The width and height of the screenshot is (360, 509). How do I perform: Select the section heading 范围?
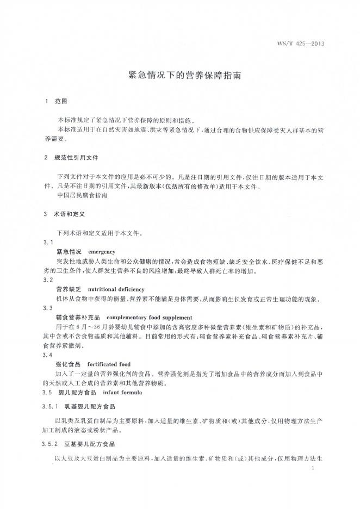[x=60, y=101]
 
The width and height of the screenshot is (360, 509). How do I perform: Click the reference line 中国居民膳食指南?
[x=83, y=195]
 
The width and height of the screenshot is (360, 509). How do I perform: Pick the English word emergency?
[x=101, y=252]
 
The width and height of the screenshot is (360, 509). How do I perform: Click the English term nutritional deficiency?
[x=116, y=289]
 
